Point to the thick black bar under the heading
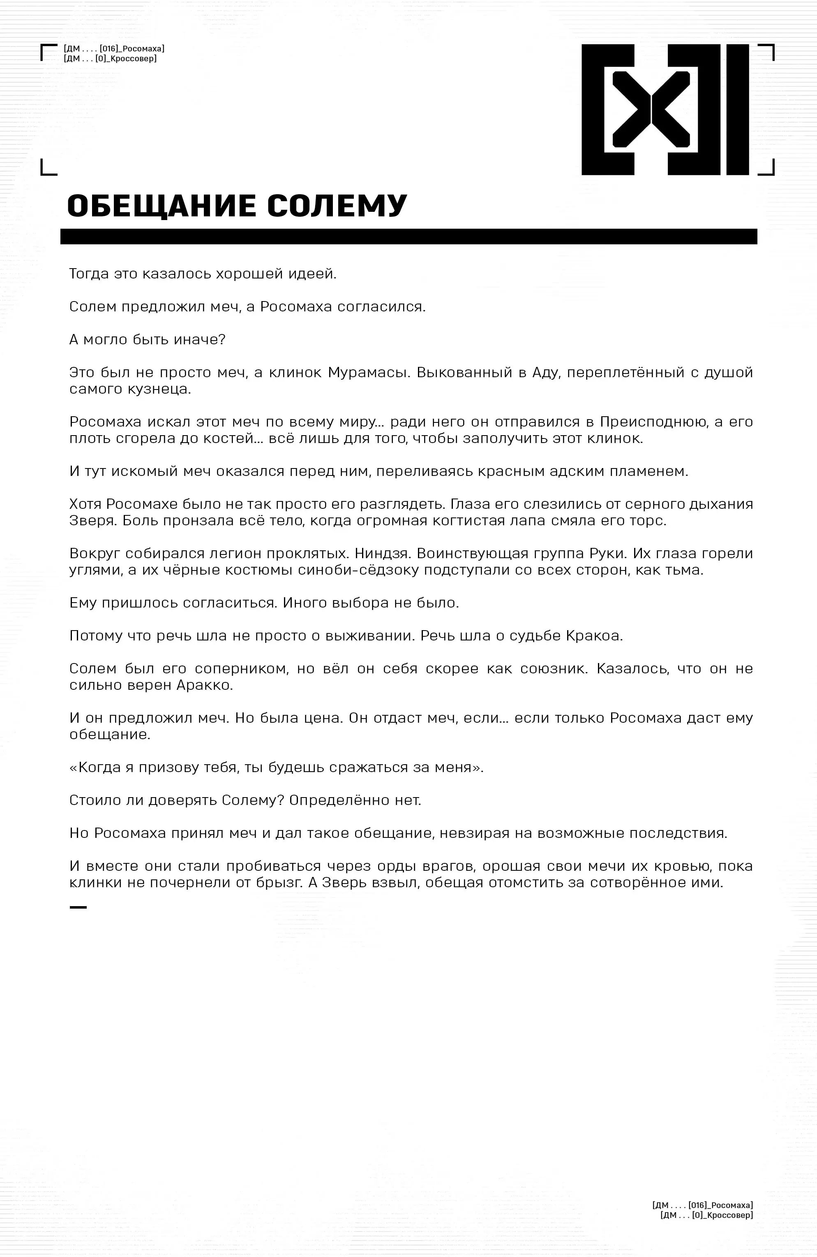[408, 237]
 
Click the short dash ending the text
[78, 907]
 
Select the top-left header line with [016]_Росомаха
[113, 49]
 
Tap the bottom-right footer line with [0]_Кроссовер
[706, 1215]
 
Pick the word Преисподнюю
[652, 422]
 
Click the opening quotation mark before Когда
[73, 768]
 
